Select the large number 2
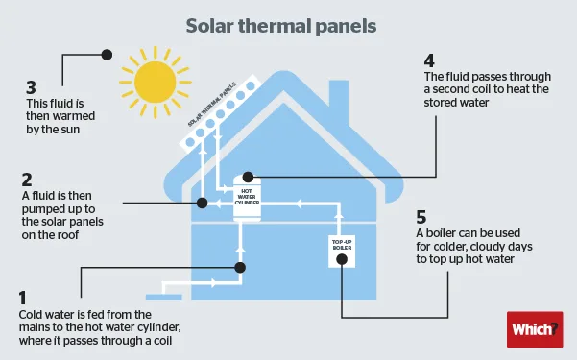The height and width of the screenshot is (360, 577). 27,179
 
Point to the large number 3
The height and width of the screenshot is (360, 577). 32,97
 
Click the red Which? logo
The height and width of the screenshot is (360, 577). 533,329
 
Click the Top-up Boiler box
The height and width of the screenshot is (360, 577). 344,248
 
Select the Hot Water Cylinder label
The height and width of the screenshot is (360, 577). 249,197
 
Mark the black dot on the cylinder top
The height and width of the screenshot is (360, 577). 249,177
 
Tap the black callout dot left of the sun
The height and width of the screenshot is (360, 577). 107,56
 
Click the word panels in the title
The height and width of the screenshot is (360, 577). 340,21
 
